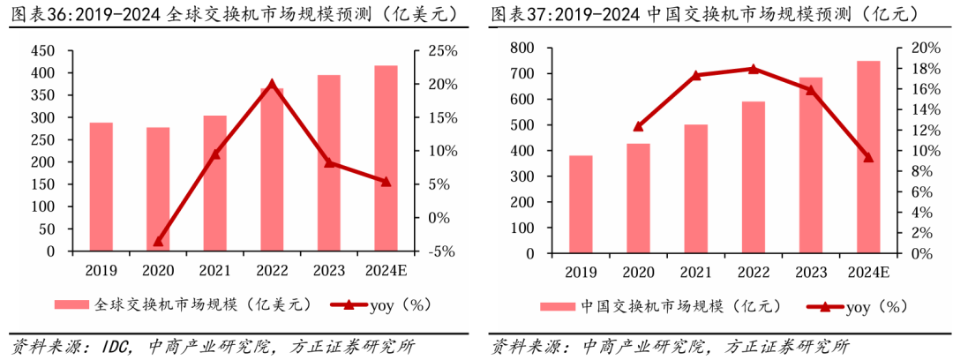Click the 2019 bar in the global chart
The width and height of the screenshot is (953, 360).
pos(101,187)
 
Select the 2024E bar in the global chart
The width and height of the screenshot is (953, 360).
pos(385,159)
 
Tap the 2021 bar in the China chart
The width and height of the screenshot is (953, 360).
pos(695,189)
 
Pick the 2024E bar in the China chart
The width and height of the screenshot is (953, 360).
pos(868,157)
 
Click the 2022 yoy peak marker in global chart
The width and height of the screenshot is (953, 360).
pos(271,85)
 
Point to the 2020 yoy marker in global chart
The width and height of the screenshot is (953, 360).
pos(158,241)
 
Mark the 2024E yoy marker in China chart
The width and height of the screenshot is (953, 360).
pos(868,158)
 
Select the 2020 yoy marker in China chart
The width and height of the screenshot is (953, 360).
pos(638,126)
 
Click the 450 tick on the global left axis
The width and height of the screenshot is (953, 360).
pos(41,50)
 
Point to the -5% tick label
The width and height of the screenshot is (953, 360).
pos(444,251)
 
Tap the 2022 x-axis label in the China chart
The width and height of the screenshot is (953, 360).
pos(753,273)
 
